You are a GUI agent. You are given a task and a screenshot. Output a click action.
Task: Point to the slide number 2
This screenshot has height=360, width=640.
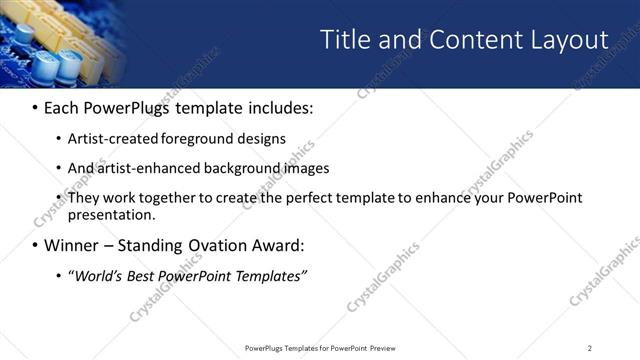(x=589, y=348)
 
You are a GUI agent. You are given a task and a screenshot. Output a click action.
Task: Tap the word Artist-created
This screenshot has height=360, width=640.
(x=109, y=138)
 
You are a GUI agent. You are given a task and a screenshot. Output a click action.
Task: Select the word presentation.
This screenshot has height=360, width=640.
(x=112, y=214)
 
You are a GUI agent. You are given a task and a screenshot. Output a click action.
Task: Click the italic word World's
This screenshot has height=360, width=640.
(x=98, y=275)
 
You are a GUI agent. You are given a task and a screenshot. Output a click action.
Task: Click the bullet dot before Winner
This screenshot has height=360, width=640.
(x=35, y=246)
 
